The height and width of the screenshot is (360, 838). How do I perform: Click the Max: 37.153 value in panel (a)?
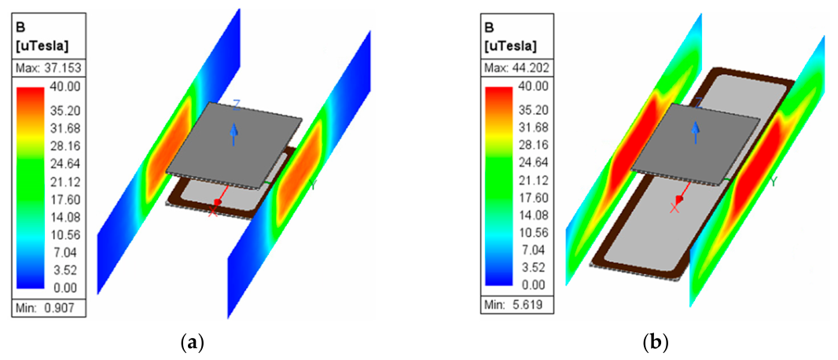click(x=48, y=68)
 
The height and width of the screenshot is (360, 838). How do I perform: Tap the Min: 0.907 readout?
click(x=46, y=307)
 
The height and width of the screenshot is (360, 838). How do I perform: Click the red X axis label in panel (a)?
click(x=212, y=211)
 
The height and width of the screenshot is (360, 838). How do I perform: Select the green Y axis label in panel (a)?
click(x=313, y=185)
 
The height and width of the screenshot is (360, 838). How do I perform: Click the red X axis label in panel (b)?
click(x=674, y=208)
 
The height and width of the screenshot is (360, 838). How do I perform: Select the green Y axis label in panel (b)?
click(x=773, y=182)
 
